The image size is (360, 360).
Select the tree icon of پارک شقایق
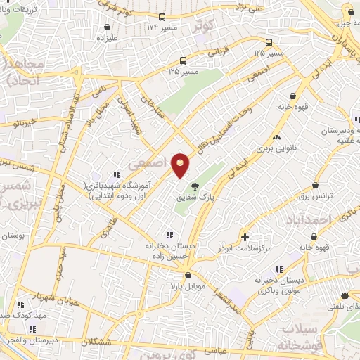tap(195, 186)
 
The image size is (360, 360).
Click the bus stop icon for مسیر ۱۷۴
tap(162, 17)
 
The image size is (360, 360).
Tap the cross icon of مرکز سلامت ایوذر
tap(245, 236)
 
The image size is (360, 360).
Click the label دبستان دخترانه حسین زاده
tap(168, 252)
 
